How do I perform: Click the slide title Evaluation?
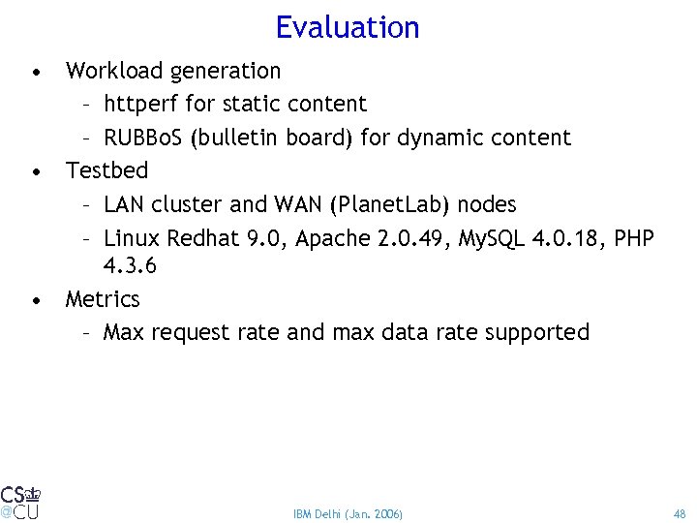(x=348, y=27)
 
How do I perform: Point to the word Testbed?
(x=106, y=170)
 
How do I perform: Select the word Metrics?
(x=103, y=299)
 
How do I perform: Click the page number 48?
(x=679, y=513)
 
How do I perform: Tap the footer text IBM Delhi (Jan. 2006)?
(x=348, y=513)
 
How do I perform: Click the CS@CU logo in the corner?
(x=20, y=502)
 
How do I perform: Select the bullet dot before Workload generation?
(x=36, y=73)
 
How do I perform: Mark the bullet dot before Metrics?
(x=36, y=301)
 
